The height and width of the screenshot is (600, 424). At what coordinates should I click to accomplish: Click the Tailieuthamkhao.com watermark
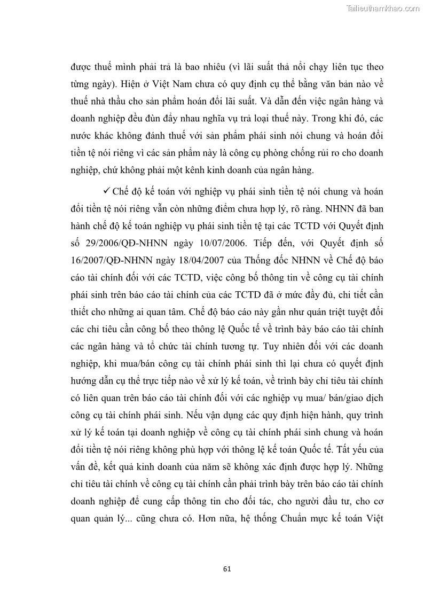click(x=383, y=8)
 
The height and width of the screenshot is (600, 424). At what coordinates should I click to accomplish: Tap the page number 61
click(x=227, y=569)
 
